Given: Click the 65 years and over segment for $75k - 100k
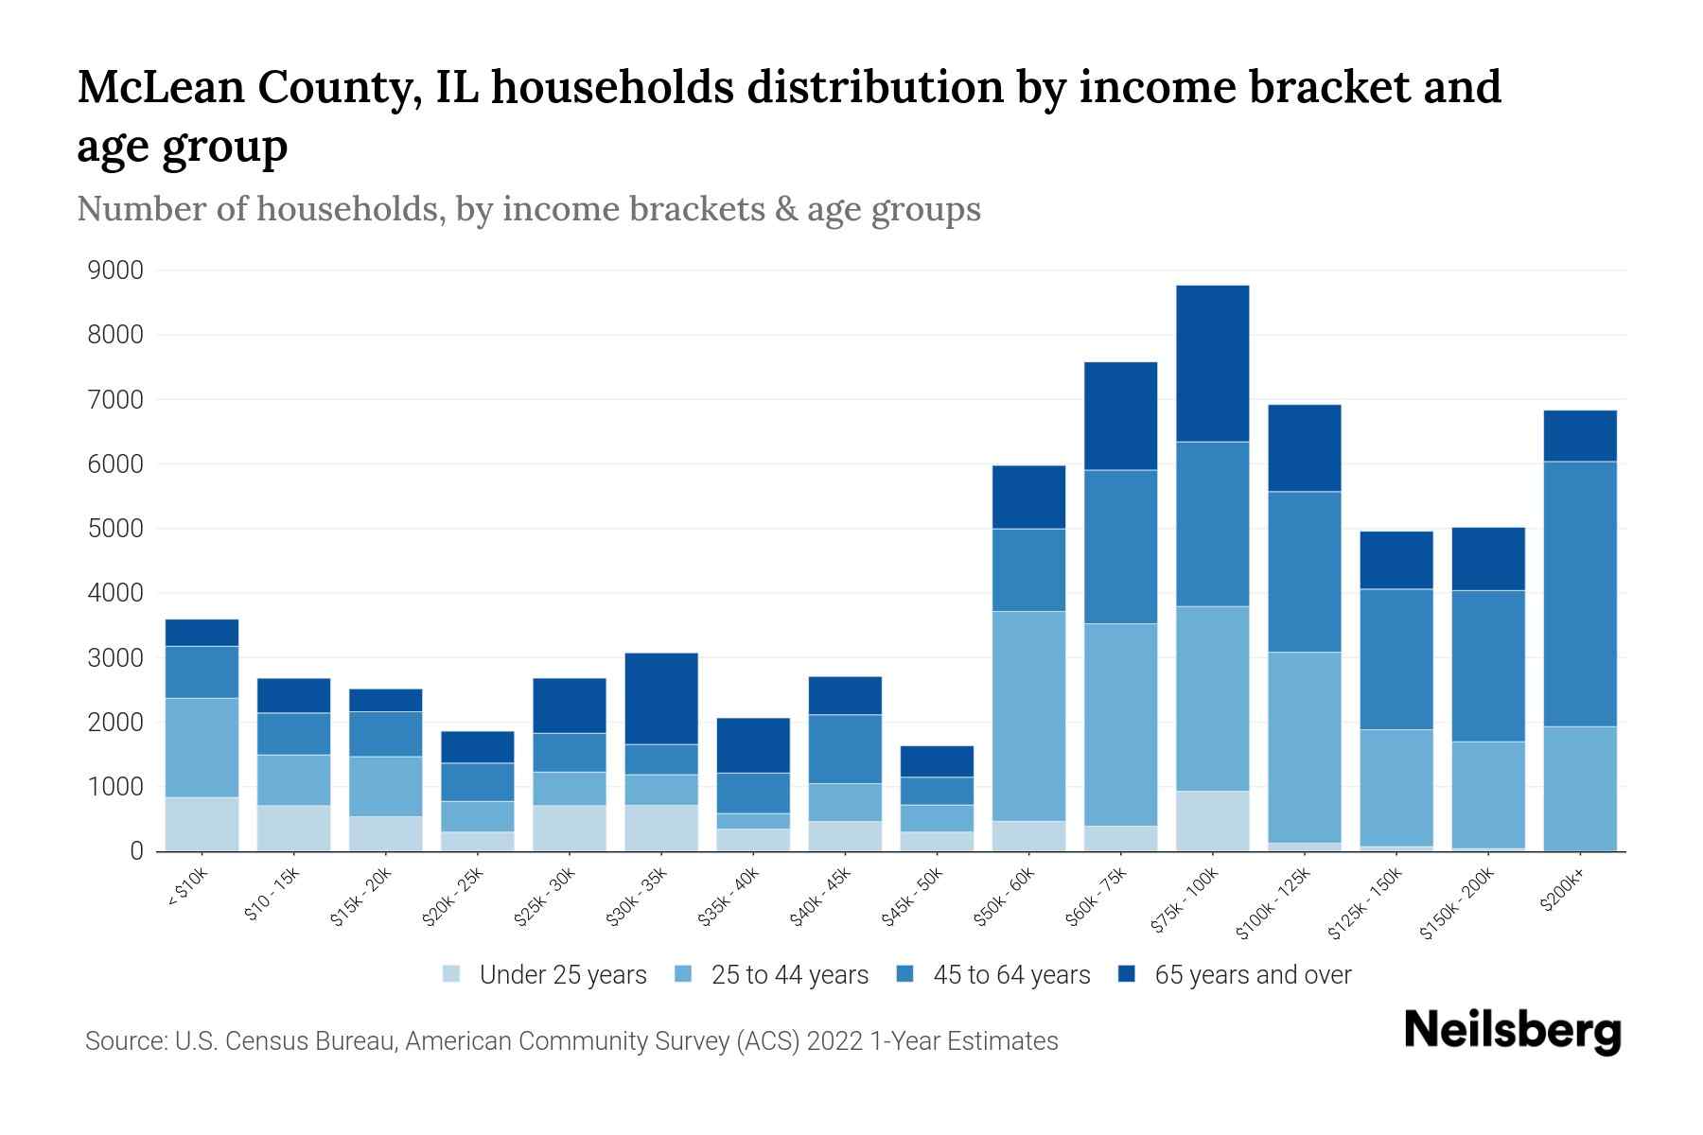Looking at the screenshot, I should [1212, 363].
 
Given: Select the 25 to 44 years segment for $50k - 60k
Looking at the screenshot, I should [1028, 716].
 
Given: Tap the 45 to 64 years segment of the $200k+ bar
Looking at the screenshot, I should [1579, 594].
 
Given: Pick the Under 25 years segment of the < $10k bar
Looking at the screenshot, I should [202, 824].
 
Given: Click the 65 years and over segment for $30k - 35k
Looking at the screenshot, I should [661, 698].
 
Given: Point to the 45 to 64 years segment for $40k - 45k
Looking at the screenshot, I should [845, 748].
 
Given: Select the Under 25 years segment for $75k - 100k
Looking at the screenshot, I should [1212, 821].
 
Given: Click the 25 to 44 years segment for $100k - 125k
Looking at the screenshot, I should [1304, 747].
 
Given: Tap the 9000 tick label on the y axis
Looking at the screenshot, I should [115, 271].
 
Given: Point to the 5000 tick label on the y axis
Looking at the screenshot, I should [115, 529].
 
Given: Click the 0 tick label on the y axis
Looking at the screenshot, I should [136, 851].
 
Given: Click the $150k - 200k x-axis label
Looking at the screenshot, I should [1457, 903].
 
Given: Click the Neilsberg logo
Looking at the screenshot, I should [1512, 1031].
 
